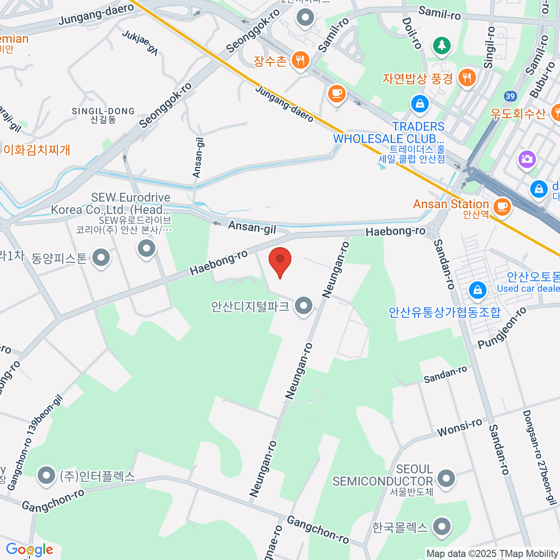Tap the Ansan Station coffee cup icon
coord(502,206)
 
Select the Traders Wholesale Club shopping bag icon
coord(420,104)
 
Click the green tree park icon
coord(441,45)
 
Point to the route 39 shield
coord(510,97)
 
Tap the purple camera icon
coord(526,159)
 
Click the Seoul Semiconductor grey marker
coord(447,478)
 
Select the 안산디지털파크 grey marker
coord(304,306)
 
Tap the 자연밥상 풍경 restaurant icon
coord(467,77)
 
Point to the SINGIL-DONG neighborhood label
coord(103,115)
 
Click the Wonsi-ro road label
coord(459,427)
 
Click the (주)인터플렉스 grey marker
coord(46,476)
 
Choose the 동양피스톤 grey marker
coord(101,257)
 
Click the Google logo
coord(29,550)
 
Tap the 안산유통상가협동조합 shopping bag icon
coord(477,290)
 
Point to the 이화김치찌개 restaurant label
coord(37,150)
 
